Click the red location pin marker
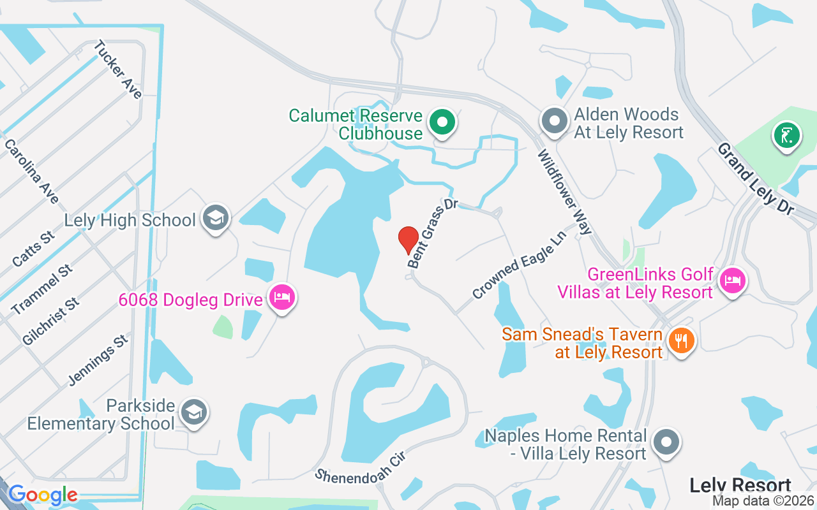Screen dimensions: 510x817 [408, 240]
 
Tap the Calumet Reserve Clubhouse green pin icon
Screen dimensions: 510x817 [441, 121]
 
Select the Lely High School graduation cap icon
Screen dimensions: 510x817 [216, 218]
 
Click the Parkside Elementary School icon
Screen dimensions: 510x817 [192, 412]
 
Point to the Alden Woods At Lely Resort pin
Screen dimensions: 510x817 [554, 120]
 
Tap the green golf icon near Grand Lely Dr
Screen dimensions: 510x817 [786, 135]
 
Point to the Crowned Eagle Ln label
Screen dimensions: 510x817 [520, 265]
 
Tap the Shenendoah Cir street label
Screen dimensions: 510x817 [361, 467]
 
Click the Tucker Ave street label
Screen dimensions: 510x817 [117, 69]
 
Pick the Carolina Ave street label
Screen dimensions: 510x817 [31, 171]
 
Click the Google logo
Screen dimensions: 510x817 [43, 495]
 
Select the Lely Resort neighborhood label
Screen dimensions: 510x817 [740, 486]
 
